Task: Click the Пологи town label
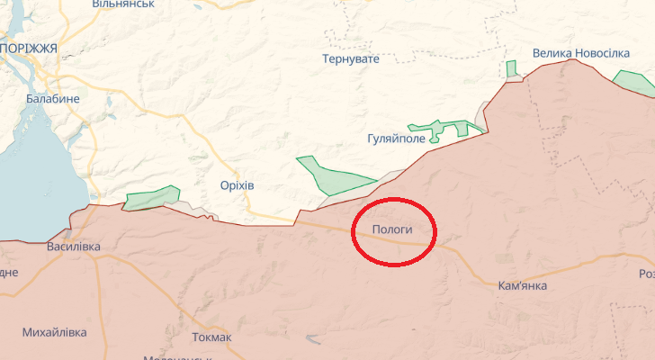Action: (x=394, y=230)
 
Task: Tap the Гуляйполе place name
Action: (x=399, y=140)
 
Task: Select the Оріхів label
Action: (x=237, y=185)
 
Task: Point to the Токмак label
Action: (x=211, y=337)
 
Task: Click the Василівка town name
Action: (x=74, y=247)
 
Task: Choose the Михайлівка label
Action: (x=55, y=333)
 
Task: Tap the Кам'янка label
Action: (x=522, y=286)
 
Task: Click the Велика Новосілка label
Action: (x=580, y=54)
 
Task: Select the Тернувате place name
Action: (x=351, y=59)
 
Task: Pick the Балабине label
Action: (x=53, y=99)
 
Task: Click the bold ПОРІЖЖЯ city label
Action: (x=29, y=48)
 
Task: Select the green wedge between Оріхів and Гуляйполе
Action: (x=329, y=177)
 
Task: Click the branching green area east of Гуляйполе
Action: (x=446, y=129)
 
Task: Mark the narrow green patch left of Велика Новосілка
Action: (x=511, y=69)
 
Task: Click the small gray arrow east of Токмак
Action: (x=314, y=339)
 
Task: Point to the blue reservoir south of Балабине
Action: (x=36, y=171)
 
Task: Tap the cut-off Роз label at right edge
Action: (x=646, y=274)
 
